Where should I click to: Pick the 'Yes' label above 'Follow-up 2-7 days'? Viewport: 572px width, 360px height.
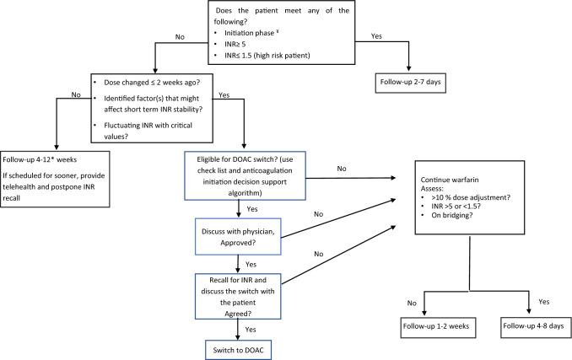[x=375, y=37]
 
